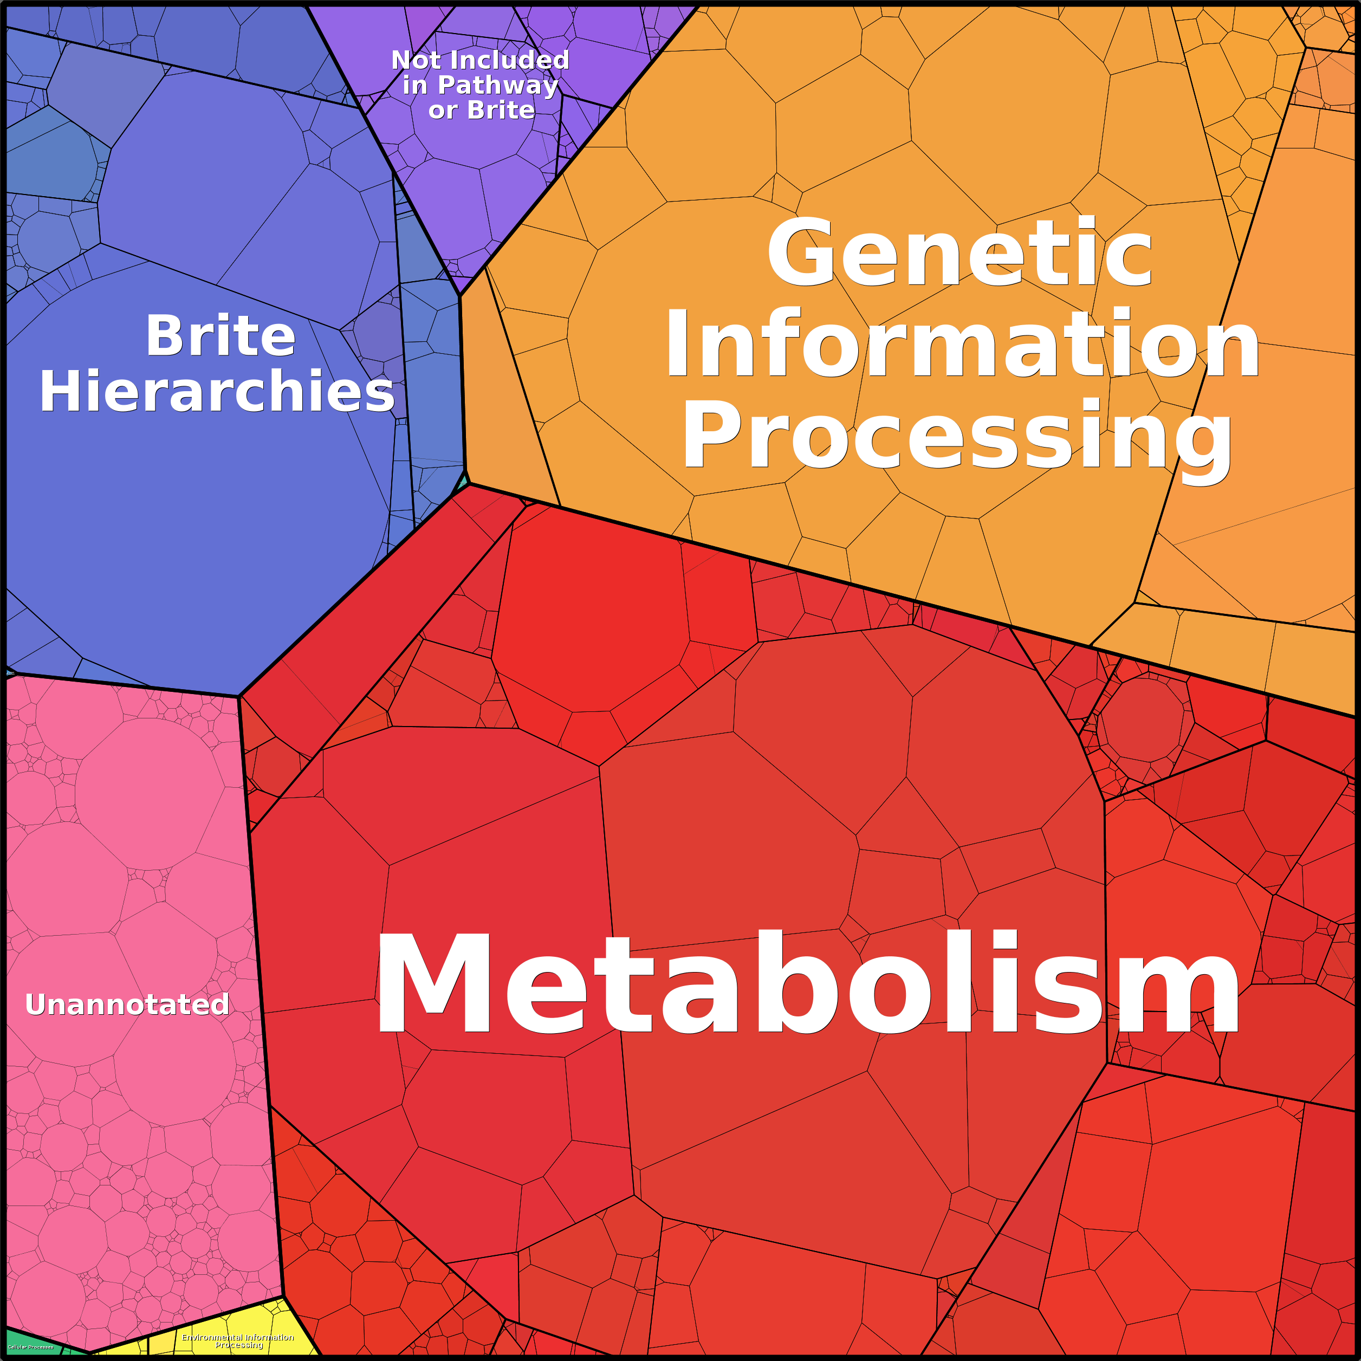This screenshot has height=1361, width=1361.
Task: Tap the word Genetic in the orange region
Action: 960,254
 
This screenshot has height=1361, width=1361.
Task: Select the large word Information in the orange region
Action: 962,345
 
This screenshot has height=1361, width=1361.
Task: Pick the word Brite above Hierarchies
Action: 221,336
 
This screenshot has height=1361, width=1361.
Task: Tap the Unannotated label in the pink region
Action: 127,1004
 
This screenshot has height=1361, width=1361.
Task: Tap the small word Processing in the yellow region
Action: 239,1345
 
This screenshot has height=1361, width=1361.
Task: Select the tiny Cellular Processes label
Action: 30,1347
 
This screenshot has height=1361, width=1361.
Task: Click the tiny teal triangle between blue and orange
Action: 463,482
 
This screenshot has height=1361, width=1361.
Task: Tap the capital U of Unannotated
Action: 35,1004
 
